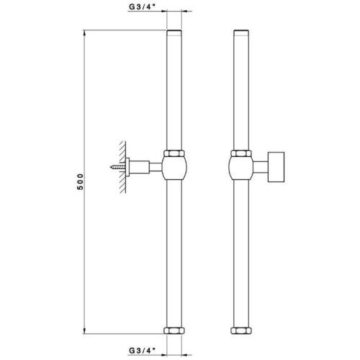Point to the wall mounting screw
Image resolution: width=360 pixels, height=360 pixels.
click(x=118, y=168)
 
